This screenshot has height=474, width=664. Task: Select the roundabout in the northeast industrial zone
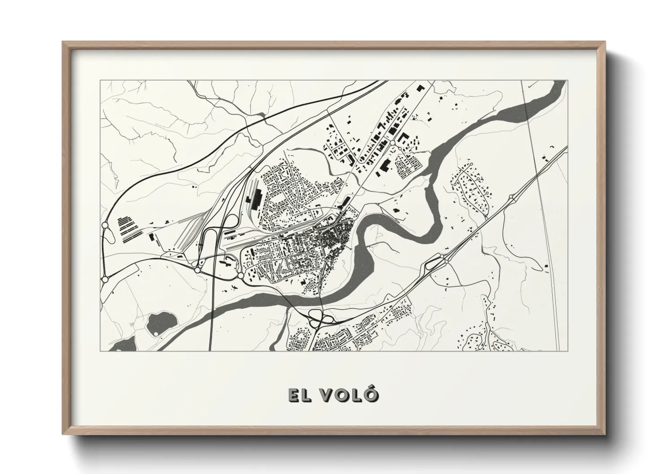(393, 142)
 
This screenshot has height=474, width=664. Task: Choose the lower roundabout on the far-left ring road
(105, 279)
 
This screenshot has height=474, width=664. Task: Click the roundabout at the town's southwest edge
(240, 276)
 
